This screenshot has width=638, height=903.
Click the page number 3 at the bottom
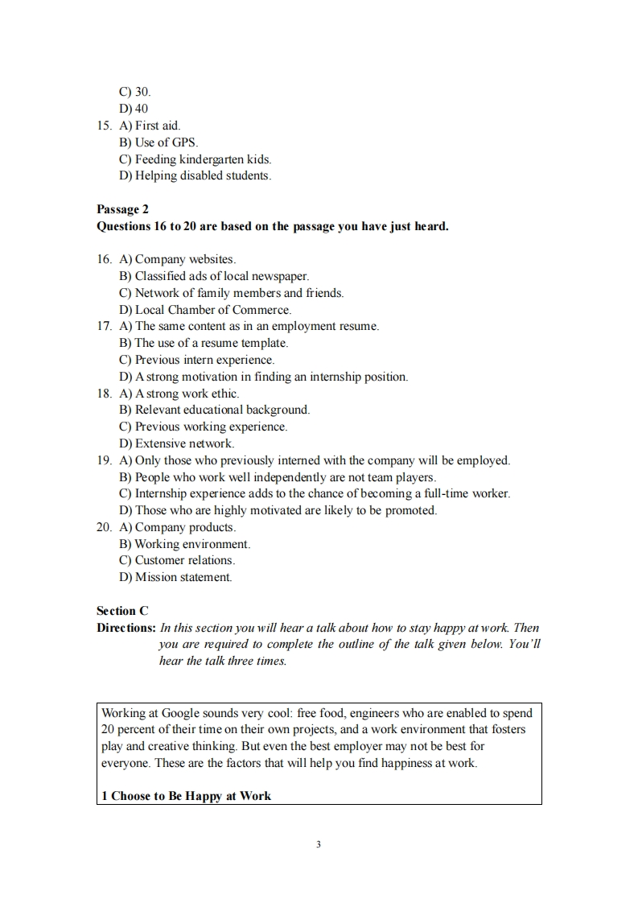(319, 844)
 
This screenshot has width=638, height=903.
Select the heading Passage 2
(122, 209)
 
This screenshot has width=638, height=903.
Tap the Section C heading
(122, 611)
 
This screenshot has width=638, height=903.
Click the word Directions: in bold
(126, 628)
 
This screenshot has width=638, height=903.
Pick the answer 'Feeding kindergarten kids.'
(203, 159)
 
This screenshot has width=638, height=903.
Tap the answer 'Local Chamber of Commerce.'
(212, 310)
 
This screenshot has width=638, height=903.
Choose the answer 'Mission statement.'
(183, 577)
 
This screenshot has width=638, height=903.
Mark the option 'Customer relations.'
(184, 560)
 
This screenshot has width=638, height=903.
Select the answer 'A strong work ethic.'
(187, 394)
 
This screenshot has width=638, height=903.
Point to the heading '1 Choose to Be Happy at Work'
(186, 796)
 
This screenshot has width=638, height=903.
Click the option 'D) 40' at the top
(134, 109)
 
